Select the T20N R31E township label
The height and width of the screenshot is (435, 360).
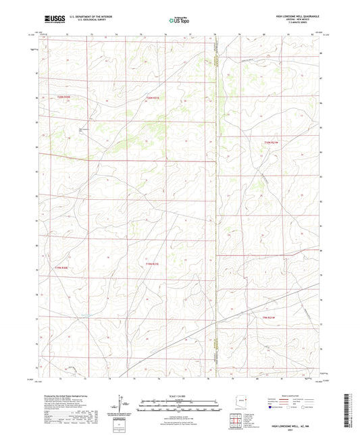pos(155,99)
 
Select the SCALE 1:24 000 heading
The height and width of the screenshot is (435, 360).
pos(180,394)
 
